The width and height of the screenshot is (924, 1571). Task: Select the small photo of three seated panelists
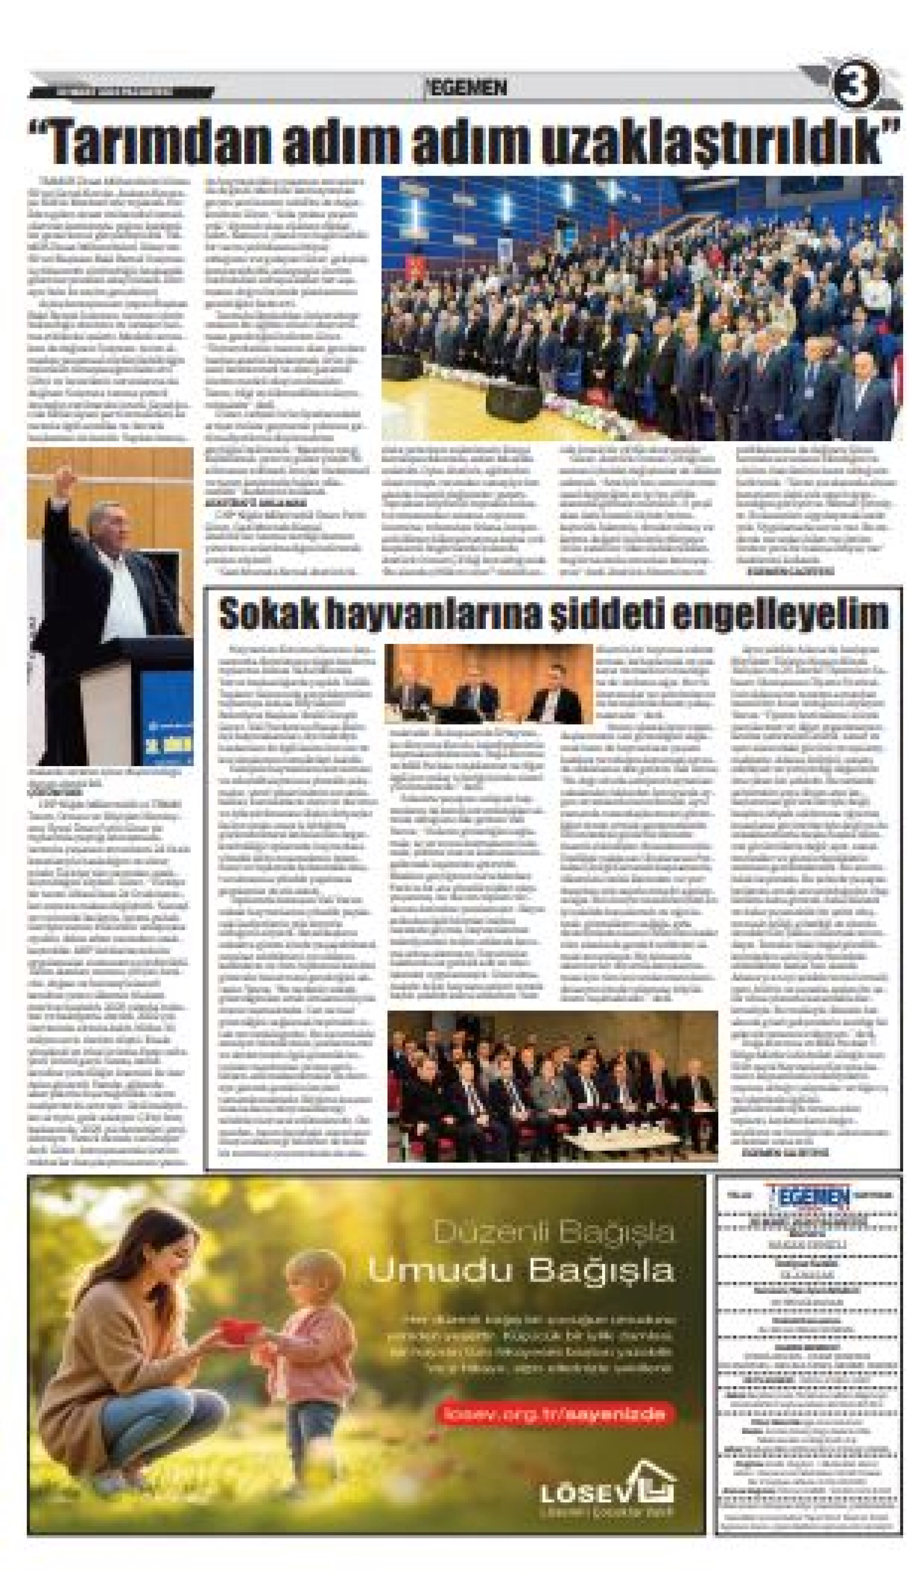[489, 684]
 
